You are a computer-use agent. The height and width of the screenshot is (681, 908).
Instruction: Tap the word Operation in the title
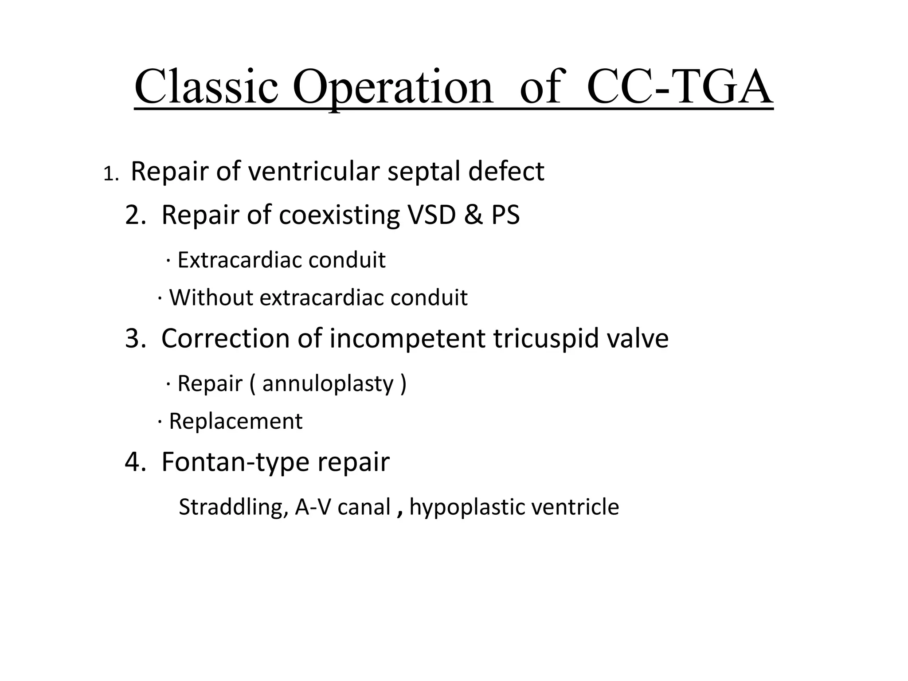click(x=392, y=87)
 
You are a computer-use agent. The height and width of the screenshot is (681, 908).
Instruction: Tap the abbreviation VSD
click(x=431, y=215)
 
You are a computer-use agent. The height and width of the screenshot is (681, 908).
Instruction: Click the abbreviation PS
click(x=505, y=215)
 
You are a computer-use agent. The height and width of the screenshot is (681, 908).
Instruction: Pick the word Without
click(x=211, y=297)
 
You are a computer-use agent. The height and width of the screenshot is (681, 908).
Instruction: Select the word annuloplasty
click(x=328, y=384)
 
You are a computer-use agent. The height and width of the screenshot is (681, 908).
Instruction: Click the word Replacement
click(x=235, y=421)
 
